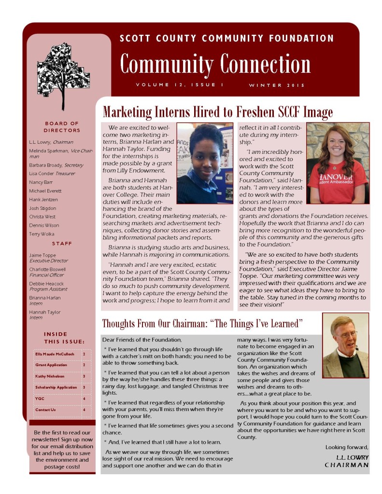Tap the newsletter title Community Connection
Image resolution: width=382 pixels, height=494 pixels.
click(x=215, y=64)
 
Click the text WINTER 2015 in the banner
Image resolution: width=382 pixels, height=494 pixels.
click(x=277, y=85)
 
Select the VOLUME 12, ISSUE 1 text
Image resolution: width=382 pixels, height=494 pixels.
click(x=179, y=85)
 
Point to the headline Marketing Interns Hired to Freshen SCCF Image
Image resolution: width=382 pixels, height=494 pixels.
click(x=218, y=112)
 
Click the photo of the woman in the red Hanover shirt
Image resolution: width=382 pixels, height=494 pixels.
click(x=338, y=163)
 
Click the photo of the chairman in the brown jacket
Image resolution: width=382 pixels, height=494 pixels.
click(x=345, y=346)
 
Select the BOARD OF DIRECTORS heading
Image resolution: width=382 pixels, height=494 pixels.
click(x=62, y=127)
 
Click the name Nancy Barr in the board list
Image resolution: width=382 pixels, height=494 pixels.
click(x=41, y=182)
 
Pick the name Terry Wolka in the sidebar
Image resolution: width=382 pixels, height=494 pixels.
click(x=42, y=234)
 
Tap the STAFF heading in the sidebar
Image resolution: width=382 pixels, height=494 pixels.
click(x=62, y=244)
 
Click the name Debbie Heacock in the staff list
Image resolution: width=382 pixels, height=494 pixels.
click(x=44, y=283)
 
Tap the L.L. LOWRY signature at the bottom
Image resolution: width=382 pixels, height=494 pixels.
click(x=352, y=457)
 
